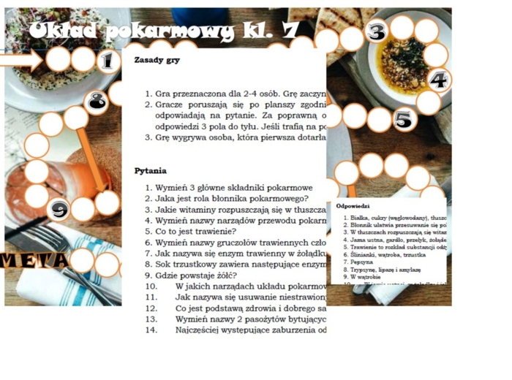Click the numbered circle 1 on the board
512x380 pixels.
click(x=108, y=61)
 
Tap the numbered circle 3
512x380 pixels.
click(x=376, y=31)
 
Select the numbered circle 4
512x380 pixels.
click(x=438, y=80)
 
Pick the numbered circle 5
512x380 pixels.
click(x=403, y=118)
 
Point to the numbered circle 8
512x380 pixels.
click(x=97, y=102)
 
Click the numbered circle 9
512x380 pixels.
click(x=59, y=210)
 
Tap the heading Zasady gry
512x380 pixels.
click(x=157, y=60)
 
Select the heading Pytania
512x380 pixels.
click(x=151, y=170)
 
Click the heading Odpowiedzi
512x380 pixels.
click(x=353, y=206)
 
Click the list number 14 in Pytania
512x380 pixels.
click(x=151, y=330)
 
